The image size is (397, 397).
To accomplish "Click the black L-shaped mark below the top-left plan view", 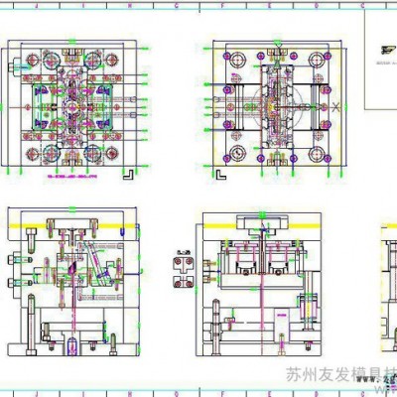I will tap(127, 171).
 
